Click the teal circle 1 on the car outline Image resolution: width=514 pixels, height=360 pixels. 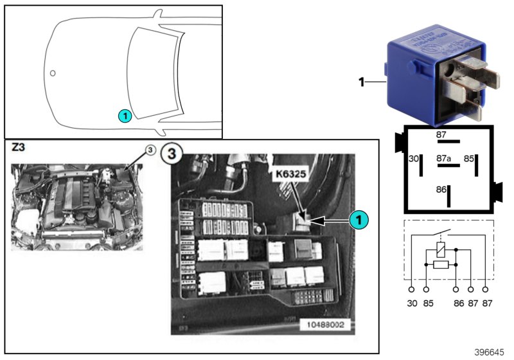click(125, 116)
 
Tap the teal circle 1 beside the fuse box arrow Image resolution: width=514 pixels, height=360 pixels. click(359, 220)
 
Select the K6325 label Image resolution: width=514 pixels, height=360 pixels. click(289, 174)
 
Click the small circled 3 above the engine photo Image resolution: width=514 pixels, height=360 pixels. click(148, 151)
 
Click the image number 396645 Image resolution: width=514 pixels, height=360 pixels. click(490, 352)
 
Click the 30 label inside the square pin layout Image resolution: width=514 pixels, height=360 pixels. click(414, 157)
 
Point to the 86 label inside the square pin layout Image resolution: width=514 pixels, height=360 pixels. click(441, 190)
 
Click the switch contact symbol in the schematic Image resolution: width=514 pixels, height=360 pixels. click(439, 232)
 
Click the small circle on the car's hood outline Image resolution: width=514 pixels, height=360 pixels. click(53, 73)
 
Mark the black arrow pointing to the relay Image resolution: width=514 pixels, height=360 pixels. click(327, 220)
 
